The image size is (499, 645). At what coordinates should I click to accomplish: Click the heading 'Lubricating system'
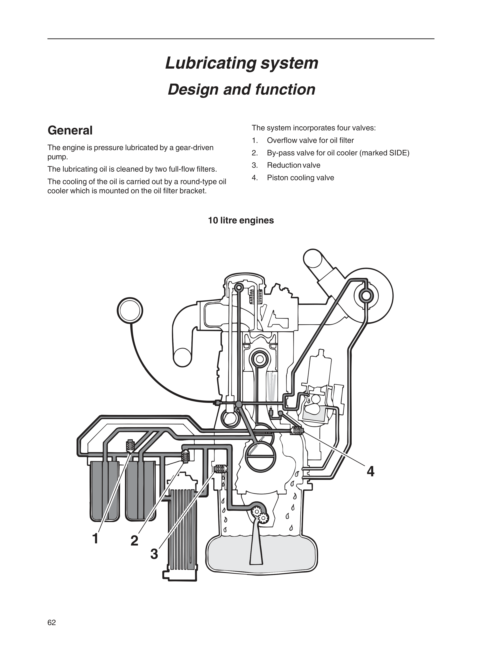coord(241,63)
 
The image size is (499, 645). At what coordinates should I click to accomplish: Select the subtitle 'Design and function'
coord(241,90)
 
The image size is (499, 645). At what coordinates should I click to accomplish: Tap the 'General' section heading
coord(70,130)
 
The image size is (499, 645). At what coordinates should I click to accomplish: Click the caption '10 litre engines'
coord(241,221)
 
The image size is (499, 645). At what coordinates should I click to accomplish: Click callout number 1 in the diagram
coord(95,538)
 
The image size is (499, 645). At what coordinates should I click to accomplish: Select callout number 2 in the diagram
coord(134,541)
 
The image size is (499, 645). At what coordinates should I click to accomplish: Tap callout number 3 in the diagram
coord(154,554)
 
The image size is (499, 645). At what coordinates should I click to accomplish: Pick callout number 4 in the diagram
coord(370,472)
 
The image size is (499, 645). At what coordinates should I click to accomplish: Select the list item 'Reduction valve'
coord(294,165)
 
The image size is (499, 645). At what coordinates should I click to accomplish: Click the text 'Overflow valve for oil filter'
coord(310,141)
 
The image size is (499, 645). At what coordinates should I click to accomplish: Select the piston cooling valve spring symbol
coord(297,432)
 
